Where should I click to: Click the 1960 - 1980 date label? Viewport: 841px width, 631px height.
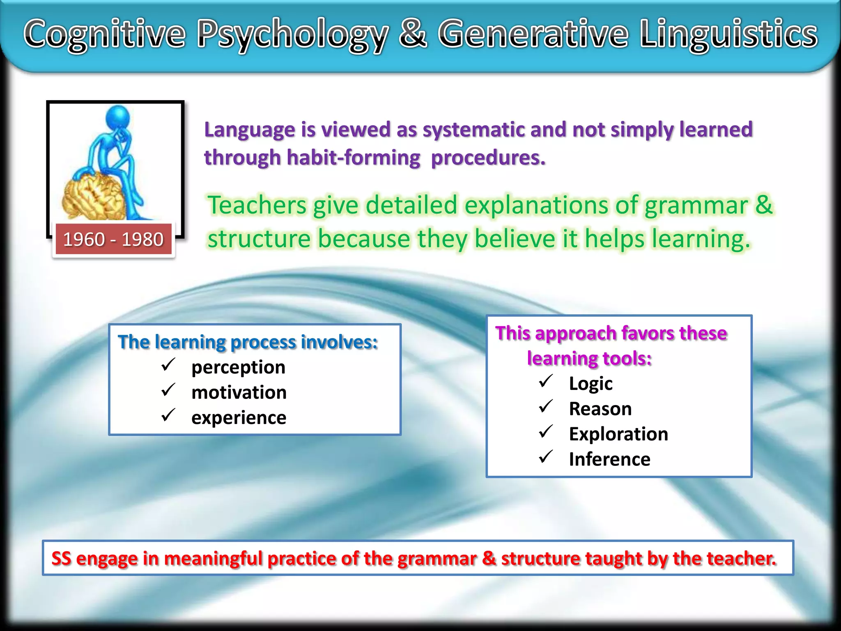[x=113, y=240]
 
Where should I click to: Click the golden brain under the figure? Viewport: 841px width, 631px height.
[x=94, y=196]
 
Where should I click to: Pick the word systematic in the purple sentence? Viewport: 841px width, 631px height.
[x=473, y=130]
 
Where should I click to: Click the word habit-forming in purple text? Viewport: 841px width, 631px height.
[x=354, y=158]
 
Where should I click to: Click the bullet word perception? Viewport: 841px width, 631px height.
[x=238, y=367]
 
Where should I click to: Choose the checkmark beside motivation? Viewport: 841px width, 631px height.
[x=168, y=390]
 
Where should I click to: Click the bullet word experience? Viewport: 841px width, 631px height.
[x=239, y=418]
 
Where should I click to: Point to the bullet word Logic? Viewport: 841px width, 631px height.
[x=591, y=384]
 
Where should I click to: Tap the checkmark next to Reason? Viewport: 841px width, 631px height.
[x=546, y=407]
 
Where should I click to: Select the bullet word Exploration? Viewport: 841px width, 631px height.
[x=618, y=434]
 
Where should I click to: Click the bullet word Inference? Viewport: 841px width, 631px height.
[x=609, y=459]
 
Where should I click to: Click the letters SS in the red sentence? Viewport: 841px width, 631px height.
[x=61, y=559]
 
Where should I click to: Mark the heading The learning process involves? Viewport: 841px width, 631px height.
[x=248, y=342]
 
